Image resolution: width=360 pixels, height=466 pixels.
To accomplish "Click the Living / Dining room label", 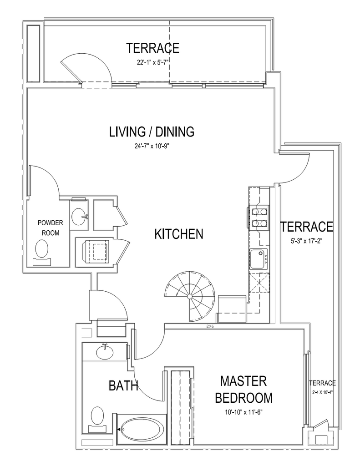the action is click(x=152, y=132).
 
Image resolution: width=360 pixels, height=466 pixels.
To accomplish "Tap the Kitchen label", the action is click(x=178, y=234).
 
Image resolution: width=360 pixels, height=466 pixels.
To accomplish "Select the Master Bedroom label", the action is click(x=243, y=389).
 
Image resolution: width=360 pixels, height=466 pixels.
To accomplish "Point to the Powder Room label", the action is click(x=50, y=228).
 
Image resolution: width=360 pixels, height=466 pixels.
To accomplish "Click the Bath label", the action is click(x=123, y=386).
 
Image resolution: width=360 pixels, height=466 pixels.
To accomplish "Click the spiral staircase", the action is click(x=189, y=296).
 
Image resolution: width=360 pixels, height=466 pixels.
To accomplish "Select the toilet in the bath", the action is click(x=98, y=417).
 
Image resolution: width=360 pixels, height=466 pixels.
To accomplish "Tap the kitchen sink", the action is click(x=259, y=258).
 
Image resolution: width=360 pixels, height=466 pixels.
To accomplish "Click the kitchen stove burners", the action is click(x=258, y=217).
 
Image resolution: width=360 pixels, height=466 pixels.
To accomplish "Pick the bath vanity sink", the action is click(x=105, y=352).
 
